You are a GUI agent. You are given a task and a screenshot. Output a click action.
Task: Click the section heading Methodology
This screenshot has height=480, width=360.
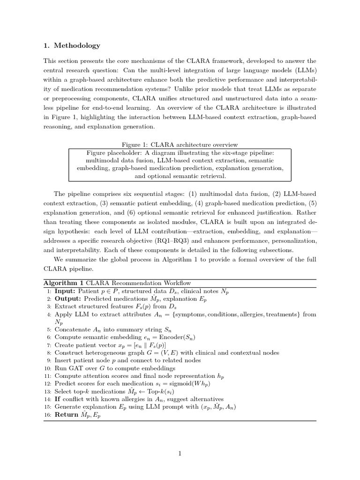coord(77,45)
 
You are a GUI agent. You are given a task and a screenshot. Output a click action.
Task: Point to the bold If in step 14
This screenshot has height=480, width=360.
coord(58,399)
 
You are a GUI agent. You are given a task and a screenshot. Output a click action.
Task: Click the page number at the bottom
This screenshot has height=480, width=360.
coord(180,453)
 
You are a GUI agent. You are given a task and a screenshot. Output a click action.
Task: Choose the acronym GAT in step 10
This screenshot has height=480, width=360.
coord(77,368)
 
